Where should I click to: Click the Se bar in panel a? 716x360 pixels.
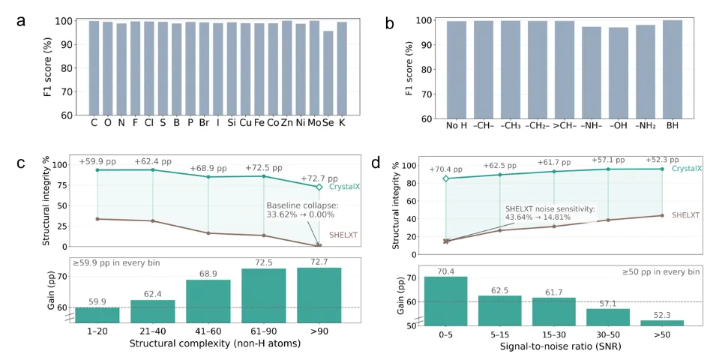pos(327,73)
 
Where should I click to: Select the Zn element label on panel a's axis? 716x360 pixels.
pos(286,123)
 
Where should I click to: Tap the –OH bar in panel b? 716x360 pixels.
pos(619,73)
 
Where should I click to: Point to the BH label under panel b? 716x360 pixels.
pos(673,124)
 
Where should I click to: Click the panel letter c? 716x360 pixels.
pos(22,163)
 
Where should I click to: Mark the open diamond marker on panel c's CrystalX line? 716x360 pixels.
pos(319,187)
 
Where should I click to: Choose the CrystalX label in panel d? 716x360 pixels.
pos(687,169)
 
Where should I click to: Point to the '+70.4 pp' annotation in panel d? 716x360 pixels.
pos(445,169)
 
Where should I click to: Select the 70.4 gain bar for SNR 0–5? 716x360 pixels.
pos(445,301)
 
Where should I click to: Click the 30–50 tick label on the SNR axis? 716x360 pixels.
pos(608,334)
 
